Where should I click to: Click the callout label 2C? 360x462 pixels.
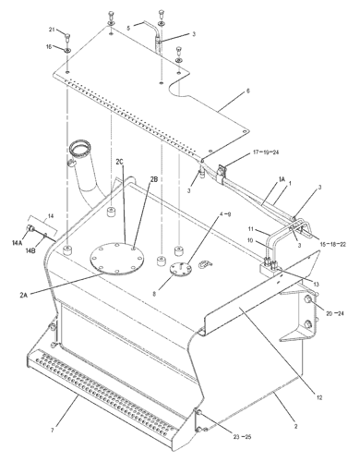pos(119,161)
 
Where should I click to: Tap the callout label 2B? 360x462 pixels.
pos(154,179)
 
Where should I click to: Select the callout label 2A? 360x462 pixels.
pos(24,295)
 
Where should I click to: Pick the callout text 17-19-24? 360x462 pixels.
pos(266,152)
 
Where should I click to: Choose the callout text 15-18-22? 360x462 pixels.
pos(333,244)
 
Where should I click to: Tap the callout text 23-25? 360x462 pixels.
pos(243,437)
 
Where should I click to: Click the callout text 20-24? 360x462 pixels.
pos(335,313)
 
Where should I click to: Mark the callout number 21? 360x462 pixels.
pos(52,30)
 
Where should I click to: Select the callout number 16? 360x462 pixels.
pos(49,46)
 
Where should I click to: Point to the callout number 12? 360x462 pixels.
pos(319,397)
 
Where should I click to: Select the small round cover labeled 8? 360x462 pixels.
pos(180,267)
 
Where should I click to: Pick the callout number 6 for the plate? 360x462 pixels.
pos(248,91)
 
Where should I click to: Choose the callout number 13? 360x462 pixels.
pos(317,284)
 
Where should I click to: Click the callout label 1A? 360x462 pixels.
pos(282,179)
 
